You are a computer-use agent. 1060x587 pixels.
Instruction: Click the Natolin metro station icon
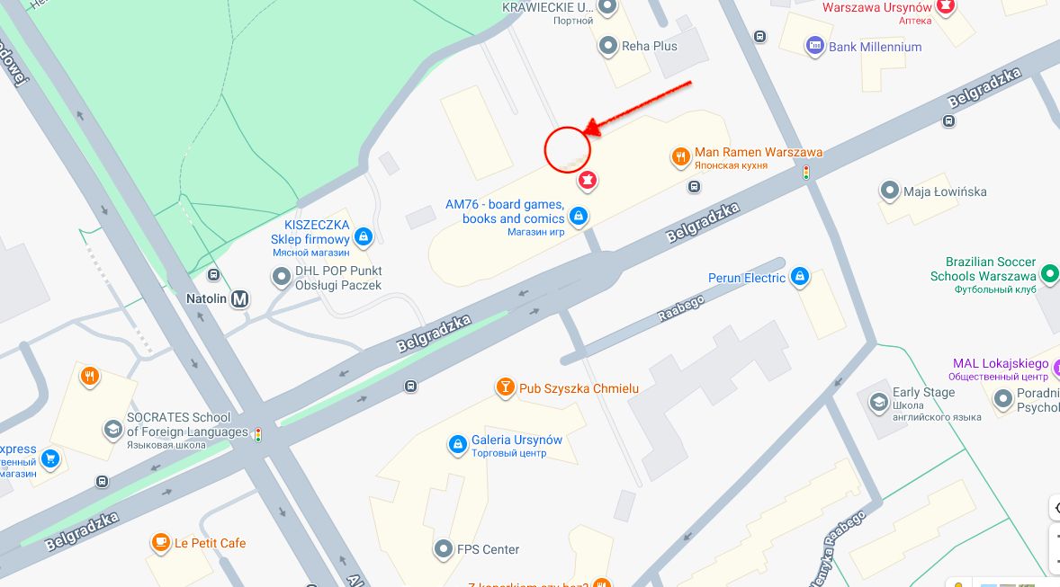239,299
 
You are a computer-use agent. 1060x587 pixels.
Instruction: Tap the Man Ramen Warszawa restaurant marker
680,157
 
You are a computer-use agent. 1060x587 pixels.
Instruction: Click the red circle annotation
567,148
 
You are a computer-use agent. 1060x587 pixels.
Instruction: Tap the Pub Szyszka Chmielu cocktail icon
506,387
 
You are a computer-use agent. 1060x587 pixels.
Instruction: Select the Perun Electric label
747,278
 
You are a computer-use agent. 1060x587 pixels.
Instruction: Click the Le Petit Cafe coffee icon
160,542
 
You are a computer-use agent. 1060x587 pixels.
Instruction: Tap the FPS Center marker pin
442,548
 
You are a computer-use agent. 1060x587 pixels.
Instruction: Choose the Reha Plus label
650,46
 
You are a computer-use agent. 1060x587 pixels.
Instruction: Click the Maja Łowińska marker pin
890,191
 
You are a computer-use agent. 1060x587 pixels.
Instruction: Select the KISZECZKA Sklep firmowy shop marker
363,236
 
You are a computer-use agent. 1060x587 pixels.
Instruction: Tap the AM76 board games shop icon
579,216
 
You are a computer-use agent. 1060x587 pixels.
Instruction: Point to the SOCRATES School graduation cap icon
113,429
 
